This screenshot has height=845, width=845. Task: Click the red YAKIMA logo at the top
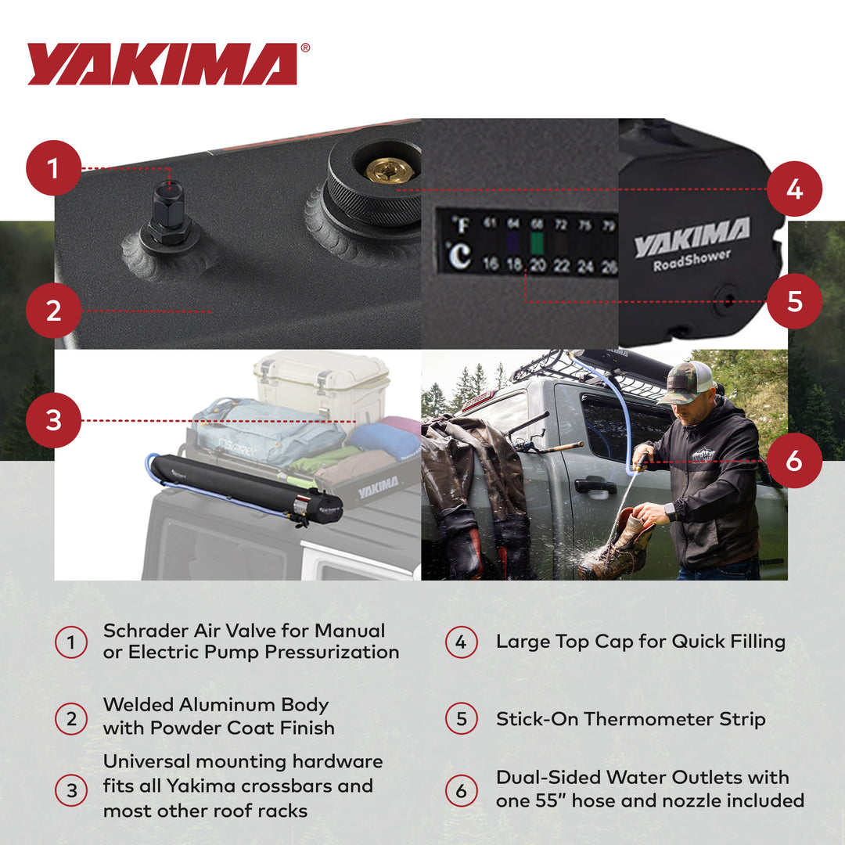tap(163, 63)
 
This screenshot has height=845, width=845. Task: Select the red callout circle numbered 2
tap(53, 311)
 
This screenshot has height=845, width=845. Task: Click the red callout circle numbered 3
tap(53, 421)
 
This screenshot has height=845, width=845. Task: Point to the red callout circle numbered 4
tap(794, 189)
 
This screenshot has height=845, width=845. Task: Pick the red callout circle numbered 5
tap(794, 301)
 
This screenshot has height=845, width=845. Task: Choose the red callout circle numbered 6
tap(794, 461)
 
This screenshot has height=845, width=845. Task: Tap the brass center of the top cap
tap(389, 170)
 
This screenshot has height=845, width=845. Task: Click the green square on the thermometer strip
tap(536, 243)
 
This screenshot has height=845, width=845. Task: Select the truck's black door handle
tap(595, 486)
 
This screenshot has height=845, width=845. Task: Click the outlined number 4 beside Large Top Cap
tap(461, 642)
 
